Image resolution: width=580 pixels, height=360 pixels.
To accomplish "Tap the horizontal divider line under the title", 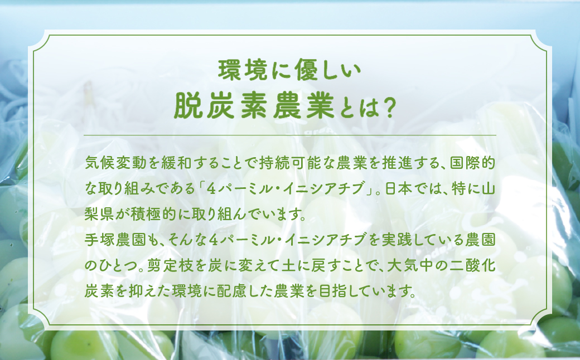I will pos(290,135).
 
